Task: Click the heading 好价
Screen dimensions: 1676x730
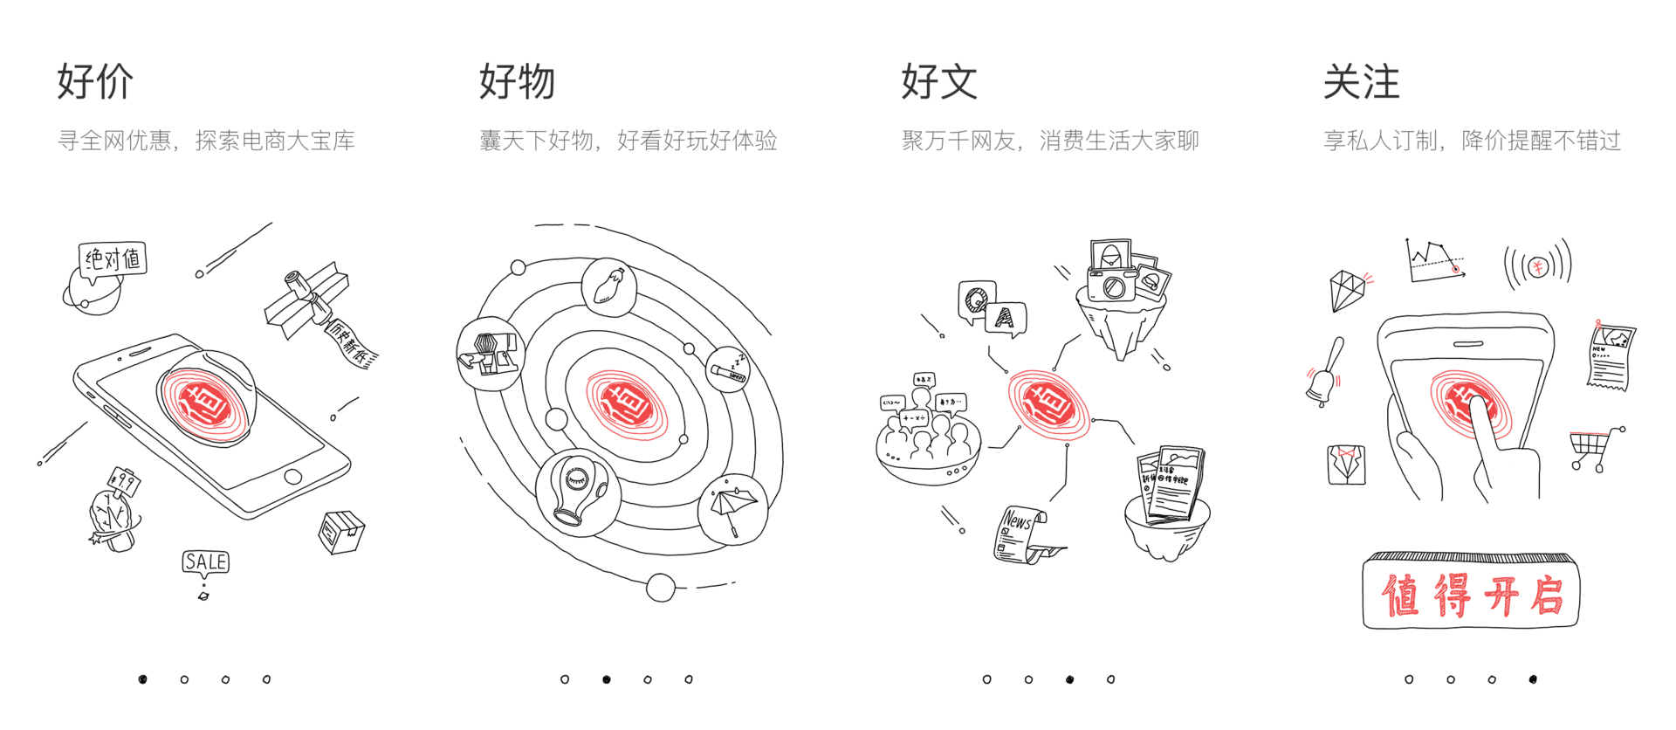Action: (95, 82)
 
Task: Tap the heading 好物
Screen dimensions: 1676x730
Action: (517, 82)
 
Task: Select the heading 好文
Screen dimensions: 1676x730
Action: (939, 82)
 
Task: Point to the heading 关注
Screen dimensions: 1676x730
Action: (1361, 82)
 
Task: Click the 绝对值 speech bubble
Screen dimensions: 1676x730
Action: (113, 259)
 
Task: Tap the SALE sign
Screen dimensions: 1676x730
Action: (206, 561)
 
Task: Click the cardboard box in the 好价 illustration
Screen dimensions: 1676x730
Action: (340, 531)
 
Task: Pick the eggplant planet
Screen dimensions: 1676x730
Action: (608, 286)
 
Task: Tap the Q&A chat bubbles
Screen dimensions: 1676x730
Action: (992, 310)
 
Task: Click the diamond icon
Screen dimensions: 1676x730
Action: (1347, 290)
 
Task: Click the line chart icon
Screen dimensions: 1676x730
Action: (1434, 261)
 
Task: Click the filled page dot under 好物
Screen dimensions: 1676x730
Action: (607, 679)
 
